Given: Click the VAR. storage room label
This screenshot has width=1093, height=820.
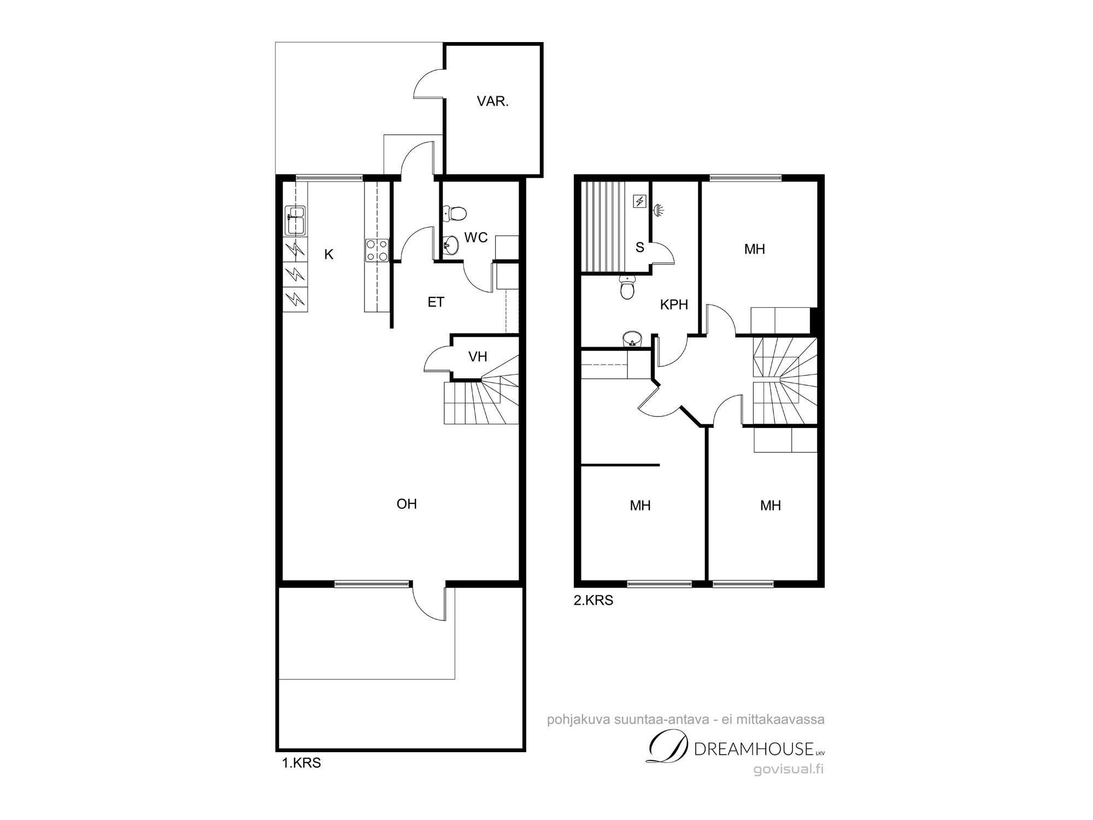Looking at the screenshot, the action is pyautogui.click(x=492, y=101).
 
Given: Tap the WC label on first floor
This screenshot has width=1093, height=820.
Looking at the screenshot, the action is pyautogui.click(x=475, y=237).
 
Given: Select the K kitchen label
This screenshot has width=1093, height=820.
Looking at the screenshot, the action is pyautogui.click(x=328, y=254).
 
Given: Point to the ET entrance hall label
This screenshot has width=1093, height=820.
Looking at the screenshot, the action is pyautogui.click(x=436, y=302).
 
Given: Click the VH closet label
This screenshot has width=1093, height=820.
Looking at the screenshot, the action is pyautogui.click(x=478, y=356).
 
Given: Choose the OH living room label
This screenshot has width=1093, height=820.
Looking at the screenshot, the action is pyautogui.click(x=407, y=503).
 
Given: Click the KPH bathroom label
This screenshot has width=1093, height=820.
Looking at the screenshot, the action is pyautogui.click(x=674, y=304).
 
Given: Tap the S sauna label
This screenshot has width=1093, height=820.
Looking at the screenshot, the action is pyautogui.click(x=640, y=248).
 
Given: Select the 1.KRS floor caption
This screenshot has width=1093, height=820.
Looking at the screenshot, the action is pyautogui.click(x=301, y=763).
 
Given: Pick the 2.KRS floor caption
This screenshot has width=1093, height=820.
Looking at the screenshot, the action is pyautogui.click(x=593, y=600).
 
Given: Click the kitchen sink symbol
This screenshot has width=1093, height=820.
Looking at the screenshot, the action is pyautogui.click(x=296, y=221).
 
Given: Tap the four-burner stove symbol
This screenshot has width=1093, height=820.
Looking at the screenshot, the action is pyautogui.click(x=377, y=250).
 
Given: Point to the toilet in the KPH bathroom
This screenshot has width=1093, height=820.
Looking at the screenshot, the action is pyautogui.click(x=627, y=288).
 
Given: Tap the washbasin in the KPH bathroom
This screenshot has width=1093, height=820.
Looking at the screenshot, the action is pyautogui.click(x=632, y=338).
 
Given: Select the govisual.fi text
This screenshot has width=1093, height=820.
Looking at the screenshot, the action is pyautogui.click(x=789, y=769).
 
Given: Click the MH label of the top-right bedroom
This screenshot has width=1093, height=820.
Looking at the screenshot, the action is pyautogui.click(x=754, y=249).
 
